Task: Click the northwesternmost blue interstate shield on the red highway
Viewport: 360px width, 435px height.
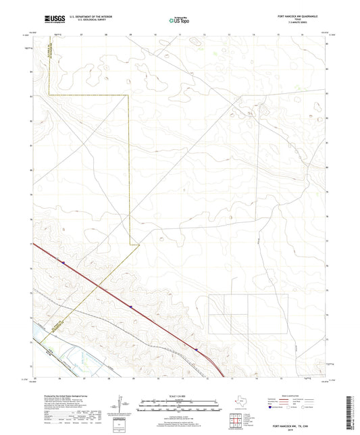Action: click(62, 262)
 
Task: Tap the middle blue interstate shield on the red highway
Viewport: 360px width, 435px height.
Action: click(132, 307)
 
